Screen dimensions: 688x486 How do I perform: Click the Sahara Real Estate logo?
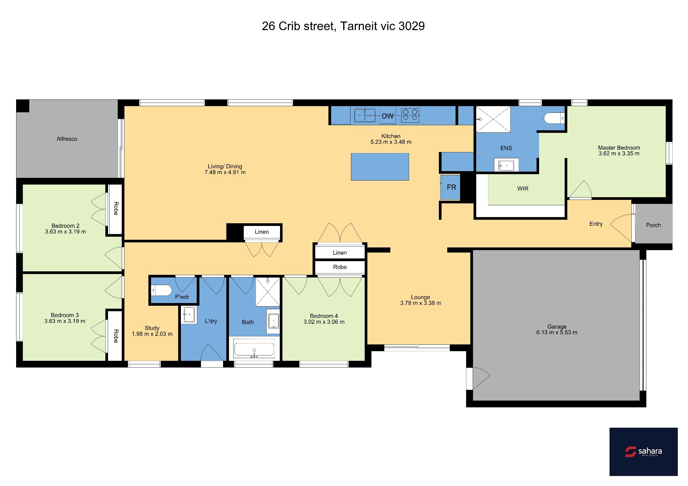point(643,452)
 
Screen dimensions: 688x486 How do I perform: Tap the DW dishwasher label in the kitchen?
point(388,116)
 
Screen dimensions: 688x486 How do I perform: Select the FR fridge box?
point(450,187)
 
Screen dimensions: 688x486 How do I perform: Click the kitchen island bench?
point(380,167)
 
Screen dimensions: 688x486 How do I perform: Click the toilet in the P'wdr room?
point(162,290)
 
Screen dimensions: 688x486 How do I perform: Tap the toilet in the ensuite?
point(554,118)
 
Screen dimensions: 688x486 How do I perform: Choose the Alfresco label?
point(67,139)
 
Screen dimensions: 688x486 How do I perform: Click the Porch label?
point(654,225)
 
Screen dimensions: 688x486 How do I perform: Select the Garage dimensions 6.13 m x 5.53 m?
point(557,332)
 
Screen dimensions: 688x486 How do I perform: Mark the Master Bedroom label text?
point(619,148)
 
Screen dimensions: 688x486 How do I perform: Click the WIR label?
point(523,189)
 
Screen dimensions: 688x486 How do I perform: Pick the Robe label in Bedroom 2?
point(116,208)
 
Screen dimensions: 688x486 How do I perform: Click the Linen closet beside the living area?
point(262,232)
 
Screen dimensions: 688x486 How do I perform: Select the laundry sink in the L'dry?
point(189,315)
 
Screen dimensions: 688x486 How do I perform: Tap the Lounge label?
point(420,297)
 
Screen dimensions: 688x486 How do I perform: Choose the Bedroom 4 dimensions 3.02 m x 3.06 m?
point(324,322)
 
